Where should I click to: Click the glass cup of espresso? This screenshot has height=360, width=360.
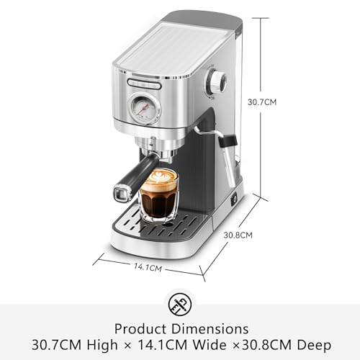click(x=158, y=195)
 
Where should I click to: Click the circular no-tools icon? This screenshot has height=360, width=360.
click(x=180, y=305)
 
